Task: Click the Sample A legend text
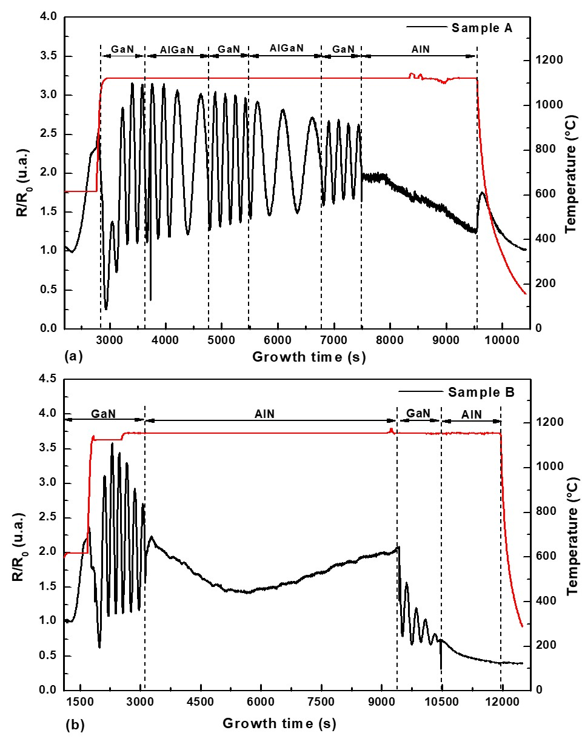click(x=481, y=28)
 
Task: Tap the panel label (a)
click(x=73, y=356)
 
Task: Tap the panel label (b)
click(x=75, y=725)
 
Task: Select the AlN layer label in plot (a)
click(x=420, y=49)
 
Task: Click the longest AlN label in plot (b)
click(x=264, y=414)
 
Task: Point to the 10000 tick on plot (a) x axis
click(x=502, y=340)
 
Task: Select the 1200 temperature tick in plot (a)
click(x=548, y=60)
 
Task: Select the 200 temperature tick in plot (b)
click(x=546, y=645)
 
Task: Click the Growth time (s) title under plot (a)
click(x=309, y=357)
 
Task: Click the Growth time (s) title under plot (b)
click(x=279, y=723)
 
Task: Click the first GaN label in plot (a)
click(x=122, y=49)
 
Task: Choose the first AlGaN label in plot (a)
click(x=176, y=49)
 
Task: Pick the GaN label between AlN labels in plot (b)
click(x=418, y=413)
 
